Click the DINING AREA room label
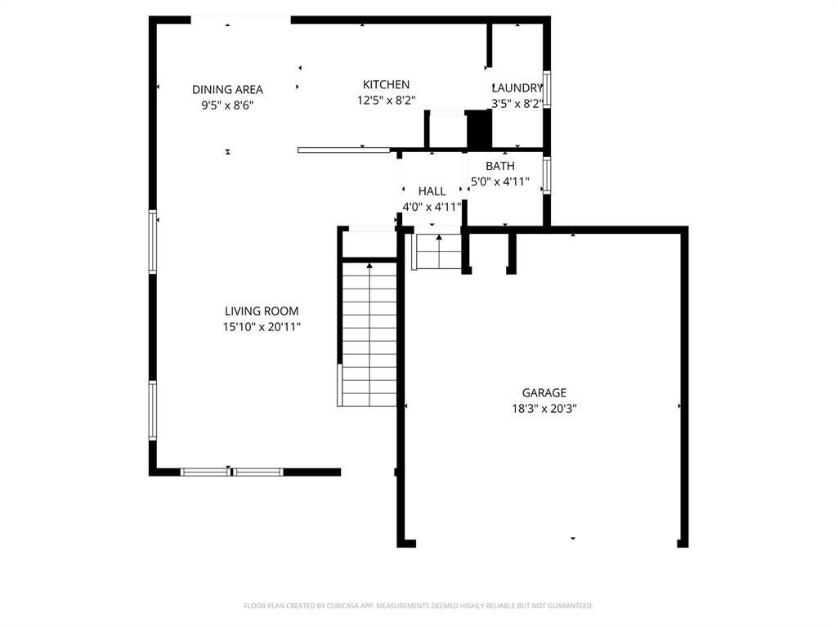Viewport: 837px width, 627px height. click(227, 89)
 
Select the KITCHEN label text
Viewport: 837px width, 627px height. click(386, 84)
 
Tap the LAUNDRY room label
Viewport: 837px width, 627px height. click(517, 88)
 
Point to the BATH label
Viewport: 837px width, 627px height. click(500, 166)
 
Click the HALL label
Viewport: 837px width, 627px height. click(432, 191)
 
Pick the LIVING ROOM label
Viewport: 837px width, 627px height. click(262, 311)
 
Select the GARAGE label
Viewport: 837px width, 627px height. click(544, 392)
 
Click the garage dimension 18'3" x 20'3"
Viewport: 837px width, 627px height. click(544, 408)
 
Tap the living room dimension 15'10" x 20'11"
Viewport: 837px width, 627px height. click(262, 326)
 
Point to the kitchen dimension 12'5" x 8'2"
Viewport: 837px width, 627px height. click(386, 100)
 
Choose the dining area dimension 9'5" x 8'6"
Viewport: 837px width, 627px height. click(227, 105)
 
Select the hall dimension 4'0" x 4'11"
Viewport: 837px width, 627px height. click(432, 207)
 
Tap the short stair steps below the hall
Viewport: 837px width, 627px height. click(439, 252)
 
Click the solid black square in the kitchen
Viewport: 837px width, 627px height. click(478, 129)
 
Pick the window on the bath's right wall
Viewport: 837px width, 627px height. click(547, 175)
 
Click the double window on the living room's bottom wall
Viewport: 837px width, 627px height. click(231, 472)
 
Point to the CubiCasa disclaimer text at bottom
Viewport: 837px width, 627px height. click(418, 606)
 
